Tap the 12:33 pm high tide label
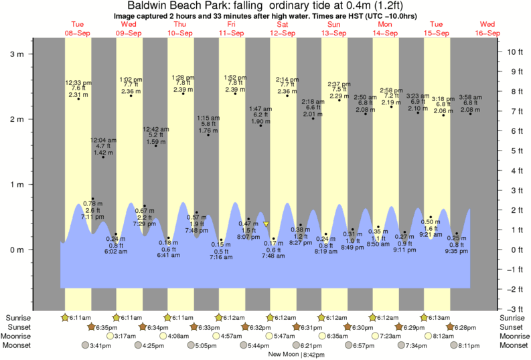click(78, 82)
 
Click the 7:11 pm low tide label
click(92, 217)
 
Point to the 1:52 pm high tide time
click(235, 77)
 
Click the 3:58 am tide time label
click(470, 97)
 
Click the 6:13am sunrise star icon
click(425, 317)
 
